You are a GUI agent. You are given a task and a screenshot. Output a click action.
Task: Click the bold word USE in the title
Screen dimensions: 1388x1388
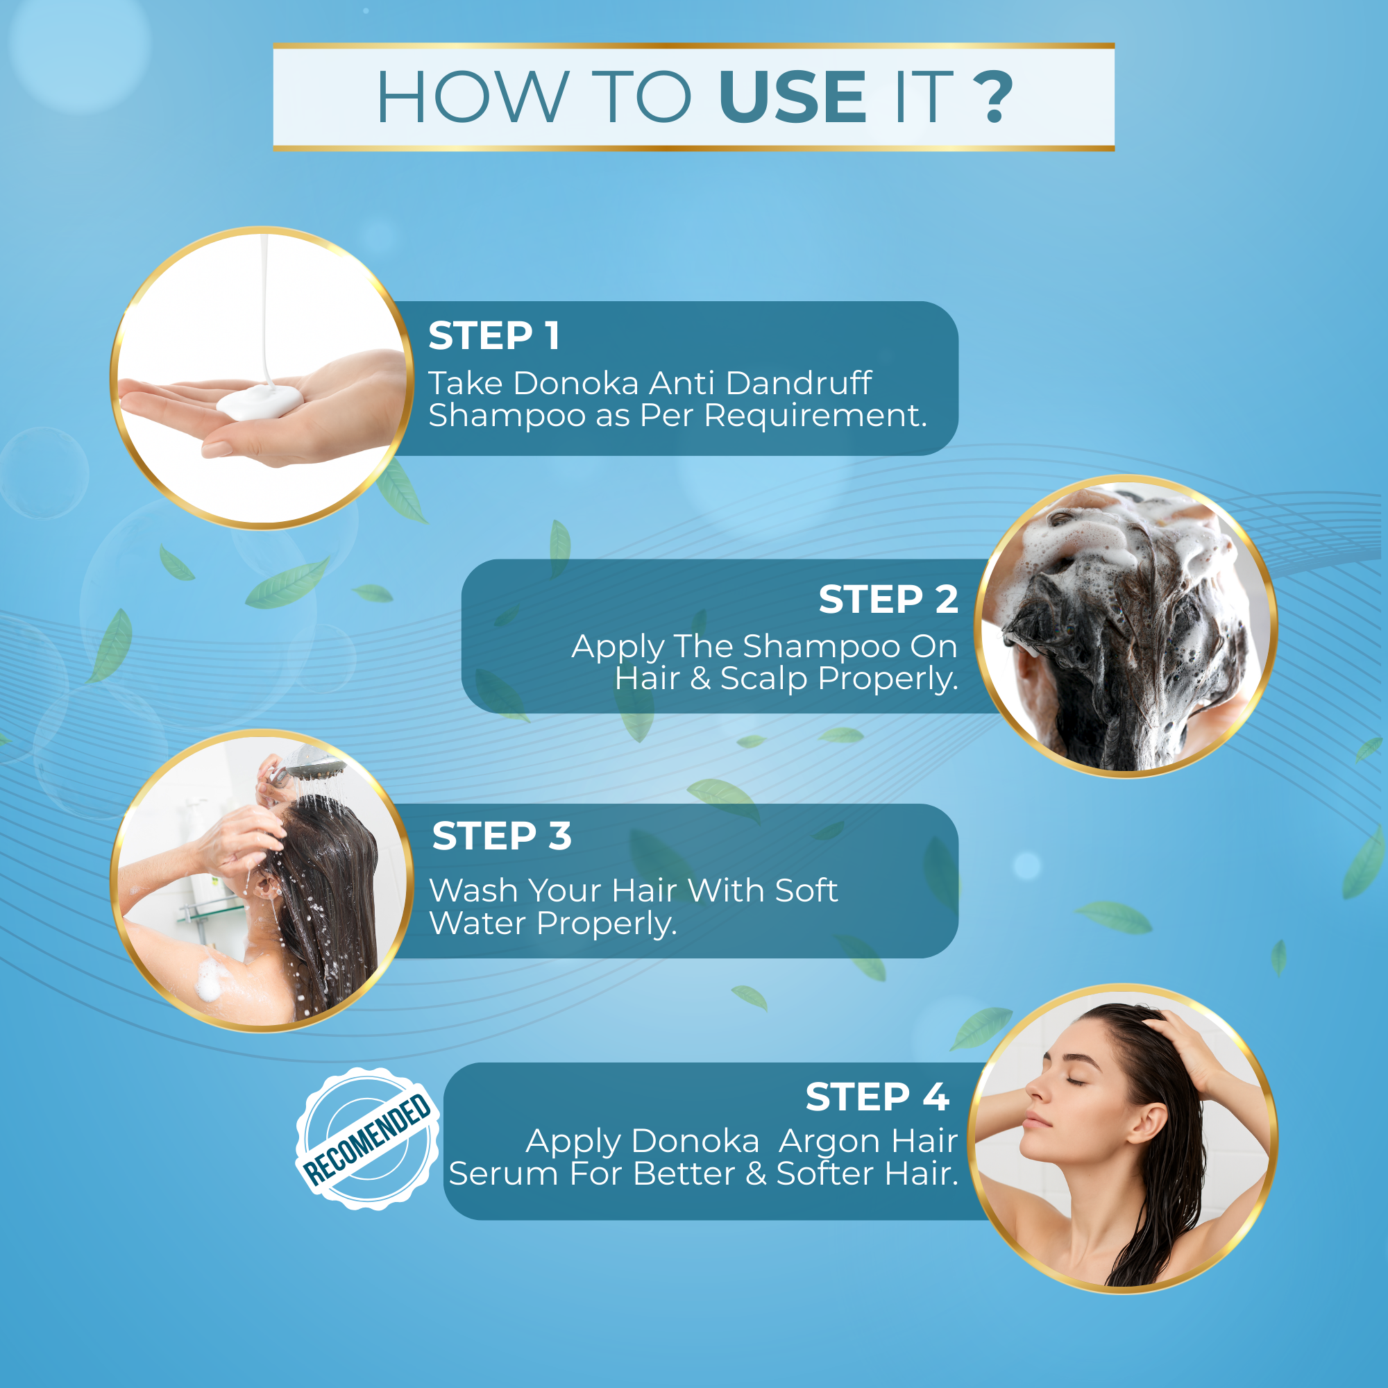(792, 97)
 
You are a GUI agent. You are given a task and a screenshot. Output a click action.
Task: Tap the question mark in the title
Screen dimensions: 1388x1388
(994, 97)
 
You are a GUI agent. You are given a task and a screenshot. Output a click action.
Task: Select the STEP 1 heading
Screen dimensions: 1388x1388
(494, 335)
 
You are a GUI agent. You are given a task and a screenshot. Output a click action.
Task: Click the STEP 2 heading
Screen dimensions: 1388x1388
(888, 599)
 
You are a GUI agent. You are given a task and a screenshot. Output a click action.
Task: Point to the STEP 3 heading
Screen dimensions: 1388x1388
(502, 836)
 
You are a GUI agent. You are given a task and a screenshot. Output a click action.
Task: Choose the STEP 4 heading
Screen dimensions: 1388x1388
(877, 1097)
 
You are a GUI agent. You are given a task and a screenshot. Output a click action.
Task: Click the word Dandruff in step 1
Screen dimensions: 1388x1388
(798, 383)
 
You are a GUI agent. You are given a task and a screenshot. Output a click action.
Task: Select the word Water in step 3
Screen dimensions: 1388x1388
(477, 923)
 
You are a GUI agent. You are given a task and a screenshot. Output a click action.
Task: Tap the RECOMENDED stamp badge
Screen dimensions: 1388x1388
(367, 1139)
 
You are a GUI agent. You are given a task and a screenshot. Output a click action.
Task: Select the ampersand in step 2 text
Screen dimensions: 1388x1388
(700, 679)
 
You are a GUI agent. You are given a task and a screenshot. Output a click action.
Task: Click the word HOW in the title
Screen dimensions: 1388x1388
(473, 97)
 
